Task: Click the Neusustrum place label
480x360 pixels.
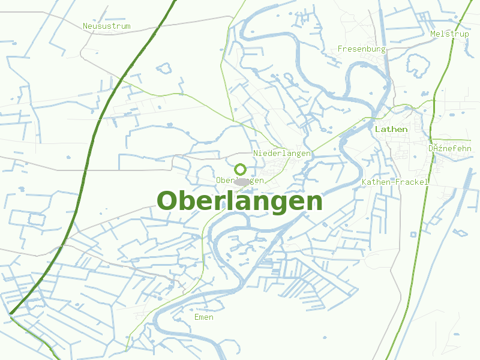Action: coord(106,26)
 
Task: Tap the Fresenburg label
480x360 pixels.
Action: coord(361,49)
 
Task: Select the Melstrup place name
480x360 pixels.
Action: coord(449,34)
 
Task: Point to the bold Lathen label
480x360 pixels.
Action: coord(391,129)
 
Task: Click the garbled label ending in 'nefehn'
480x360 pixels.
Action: coord(450,148)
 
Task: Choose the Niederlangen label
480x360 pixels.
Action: coord(282,154)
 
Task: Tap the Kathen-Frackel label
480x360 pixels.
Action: coord(395,182)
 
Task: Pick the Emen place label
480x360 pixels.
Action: coord(204,317)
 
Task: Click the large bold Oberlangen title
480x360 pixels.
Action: coord(239,202)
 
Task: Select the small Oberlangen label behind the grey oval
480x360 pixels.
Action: coord(225,181)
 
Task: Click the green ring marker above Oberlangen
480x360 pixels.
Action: coord(240,169)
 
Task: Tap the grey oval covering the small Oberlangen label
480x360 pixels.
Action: coord(242,181)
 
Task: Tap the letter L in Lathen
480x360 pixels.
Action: coord(377,129)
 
